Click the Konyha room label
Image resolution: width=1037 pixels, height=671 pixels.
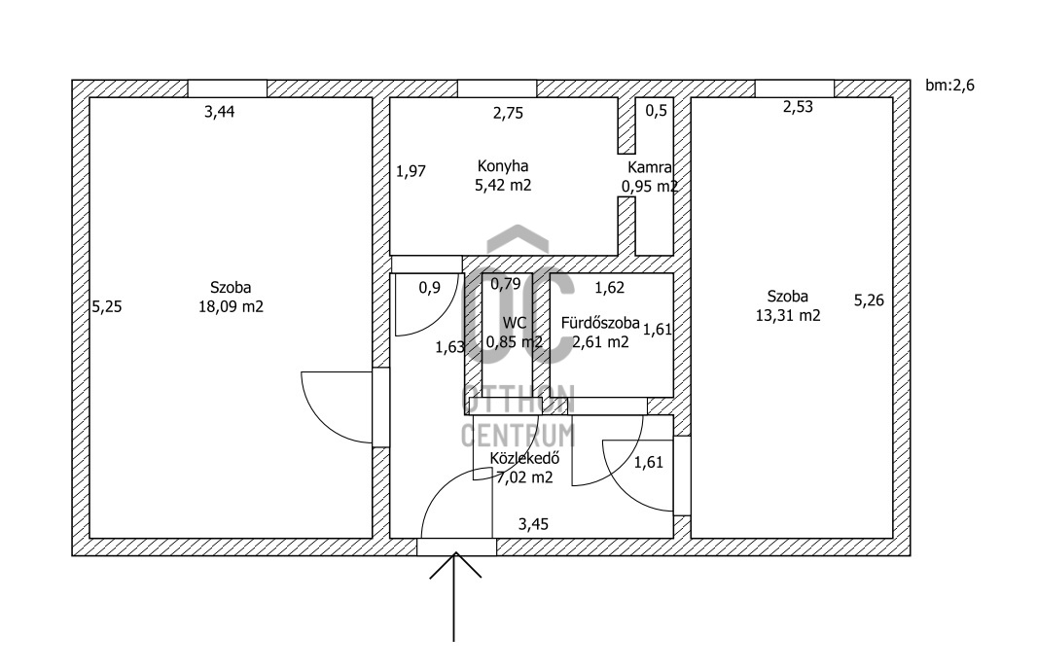click(x=502, y=166)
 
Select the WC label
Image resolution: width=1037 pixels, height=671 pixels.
click(x=514, y=323)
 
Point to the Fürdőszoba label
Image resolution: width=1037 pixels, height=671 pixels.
click(x=599, y=323)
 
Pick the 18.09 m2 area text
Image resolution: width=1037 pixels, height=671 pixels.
click(x=231, y=306)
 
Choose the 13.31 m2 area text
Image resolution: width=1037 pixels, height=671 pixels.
click(x=787, y=315)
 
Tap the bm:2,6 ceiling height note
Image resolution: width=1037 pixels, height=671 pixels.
click(x=949, y=86)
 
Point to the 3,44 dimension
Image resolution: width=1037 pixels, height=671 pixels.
click(x=219, y=112)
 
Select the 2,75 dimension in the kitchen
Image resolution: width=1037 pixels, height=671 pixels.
click(x=508, y=113)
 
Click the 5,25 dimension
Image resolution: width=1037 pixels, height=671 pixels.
click(x=106, y=306)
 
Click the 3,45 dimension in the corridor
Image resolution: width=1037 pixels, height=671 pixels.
click(x=533, y=524)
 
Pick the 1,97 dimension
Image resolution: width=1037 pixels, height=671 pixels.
click(x=411, y=172)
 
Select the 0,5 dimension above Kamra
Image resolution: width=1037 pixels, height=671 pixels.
click(x=657, y=110)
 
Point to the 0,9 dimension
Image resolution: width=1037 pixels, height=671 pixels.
click(x=429, y=287)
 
